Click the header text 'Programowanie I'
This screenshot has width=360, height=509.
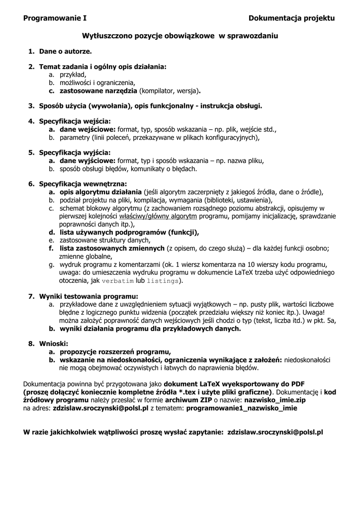coord(55,18)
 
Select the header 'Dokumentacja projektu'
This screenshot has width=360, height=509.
coord(292,18)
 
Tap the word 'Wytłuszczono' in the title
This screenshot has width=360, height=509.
coord(105,36)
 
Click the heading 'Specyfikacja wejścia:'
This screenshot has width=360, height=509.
coord(75,121)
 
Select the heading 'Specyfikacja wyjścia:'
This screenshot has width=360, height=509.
coord(75,152)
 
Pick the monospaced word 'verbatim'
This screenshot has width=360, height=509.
coord(118,281)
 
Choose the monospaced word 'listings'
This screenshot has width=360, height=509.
coord(163,281)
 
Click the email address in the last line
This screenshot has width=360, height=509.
coord(275,432)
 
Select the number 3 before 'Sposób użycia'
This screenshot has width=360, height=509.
coord(30,105)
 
